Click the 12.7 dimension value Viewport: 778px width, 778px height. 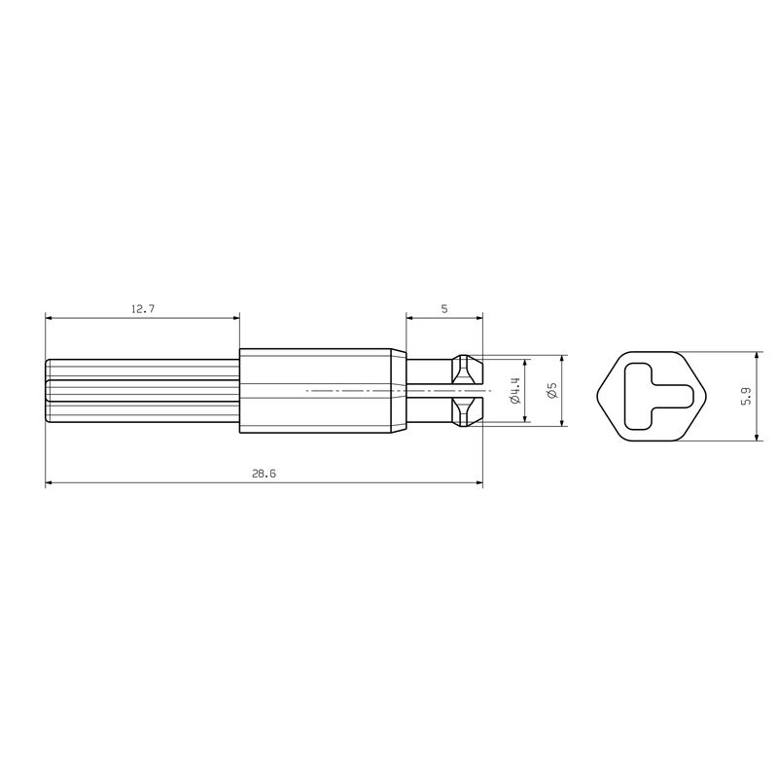[143, 308]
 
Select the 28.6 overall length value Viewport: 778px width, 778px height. [264, 474]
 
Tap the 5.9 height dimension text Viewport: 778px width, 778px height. [746, 396]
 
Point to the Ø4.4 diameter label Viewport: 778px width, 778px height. [515, 390]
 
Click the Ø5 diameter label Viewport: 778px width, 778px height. [552, 390]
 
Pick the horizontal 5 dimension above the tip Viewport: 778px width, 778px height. [444, 308]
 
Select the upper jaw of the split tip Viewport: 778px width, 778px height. [467, 370]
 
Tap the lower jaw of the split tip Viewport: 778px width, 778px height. [467, 411]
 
